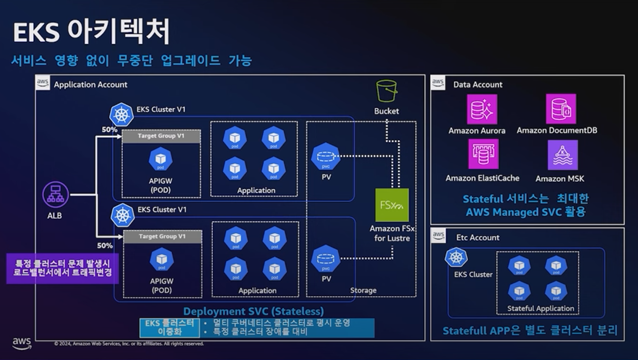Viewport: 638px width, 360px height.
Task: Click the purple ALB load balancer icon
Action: tap(56, 194)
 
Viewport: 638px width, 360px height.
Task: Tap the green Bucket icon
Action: tap(386, 91)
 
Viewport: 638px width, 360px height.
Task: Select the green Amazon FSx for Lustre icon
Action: tap(392, 205)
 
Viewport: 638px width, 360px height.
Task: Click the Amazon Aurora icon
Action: tap(482, 109)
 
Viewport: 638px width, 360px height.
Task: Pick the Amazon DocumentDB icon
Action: tap(561, 109)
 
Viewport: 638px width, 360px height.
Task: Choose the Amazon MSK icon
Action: tap(563, 155)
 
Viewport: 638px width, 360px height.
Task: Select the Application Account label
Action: tap(91, 85)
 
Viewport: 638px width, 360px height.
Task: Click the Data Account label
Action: tap(478, 85)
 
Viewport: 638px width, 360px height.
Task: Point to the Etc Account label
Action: tap(478, 238)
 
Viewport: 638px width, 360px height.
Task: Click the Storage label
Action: tap(363, 290)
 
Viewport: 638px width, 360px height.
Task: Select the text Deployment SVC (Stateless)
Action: tap(254, 312)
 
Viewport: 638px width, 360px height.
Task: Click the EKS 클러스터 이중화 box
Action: tap(170, 328)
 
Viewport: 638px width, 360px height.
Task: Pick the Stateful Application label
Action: tap(540, 308)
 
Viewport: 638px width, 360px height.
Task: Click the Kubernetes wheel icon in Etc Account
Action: tap(456, 258)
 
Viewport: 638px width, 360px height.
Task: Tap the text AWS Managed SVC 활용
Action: tap(525, 212)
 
